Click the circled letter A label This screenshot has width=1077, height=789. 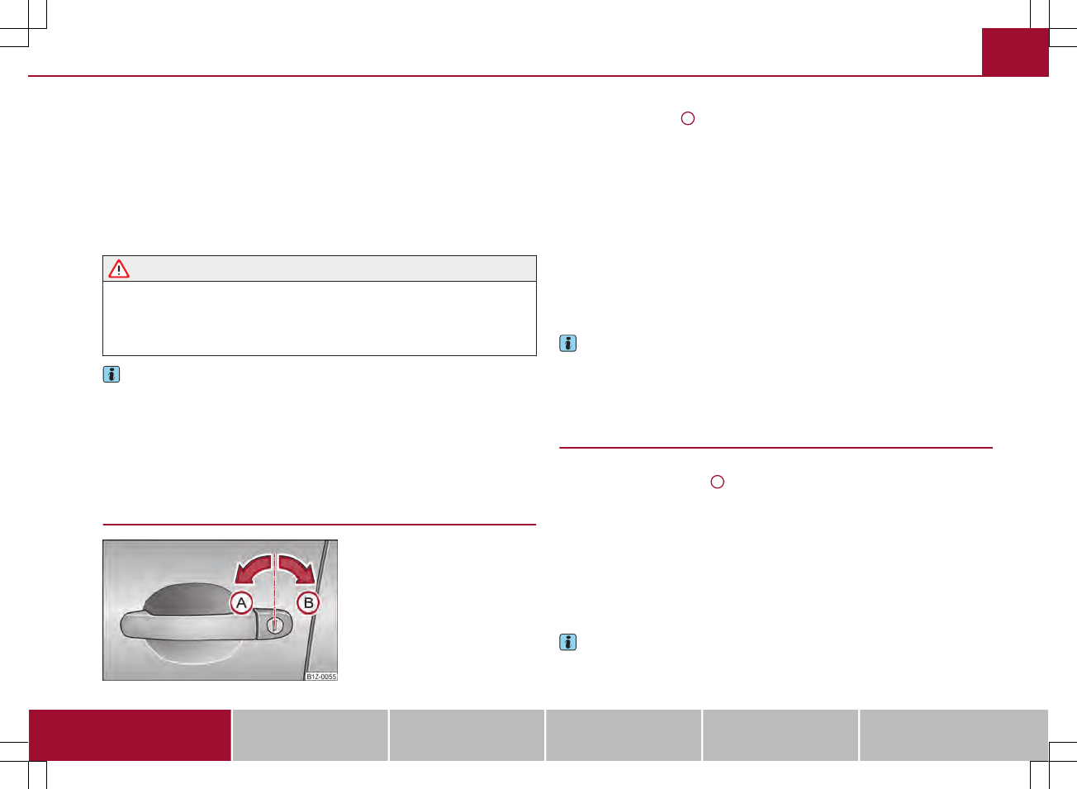pyautogui.click(x=241, y=603)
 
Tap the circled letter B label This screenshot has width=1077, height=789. pyautogui.click(x=308, y=603)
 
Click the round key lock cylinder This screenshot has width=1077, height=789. pyautogui.click(x=274, y=625)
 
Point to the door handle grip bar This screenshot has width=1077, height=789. pyautogui.click(x=187, y=625)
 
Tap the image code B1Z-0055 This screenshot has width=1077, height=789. pyautogui.click(x=321, y=677)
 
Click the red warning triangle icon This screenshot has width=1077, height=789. pyautogui.click(x=119, y=269)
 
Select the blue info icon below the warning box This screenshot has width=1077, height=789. pyautogui.click(x=111, y=374)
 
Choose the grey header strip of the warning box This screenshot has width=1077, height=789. pyautogui.click(x=320, y=269)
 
